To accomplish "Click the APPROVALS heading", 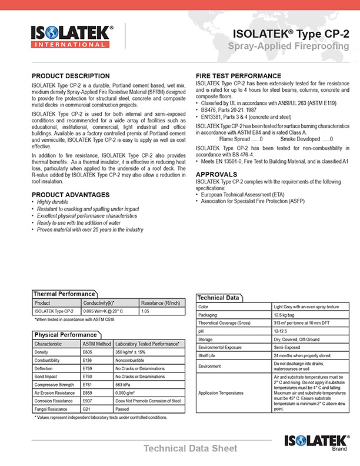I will (x=216, y=175).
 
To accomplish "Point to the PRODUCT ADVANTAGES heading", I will (x=71, y=195).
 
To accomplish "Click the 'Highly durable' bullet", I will (x=52, y=202).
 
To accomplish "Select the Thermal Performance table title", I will (x=64, y=294).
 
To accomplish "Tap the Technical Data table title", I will (x=218, y=298).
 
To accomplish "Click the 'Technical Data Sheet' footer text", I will (x=191, y=448).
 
